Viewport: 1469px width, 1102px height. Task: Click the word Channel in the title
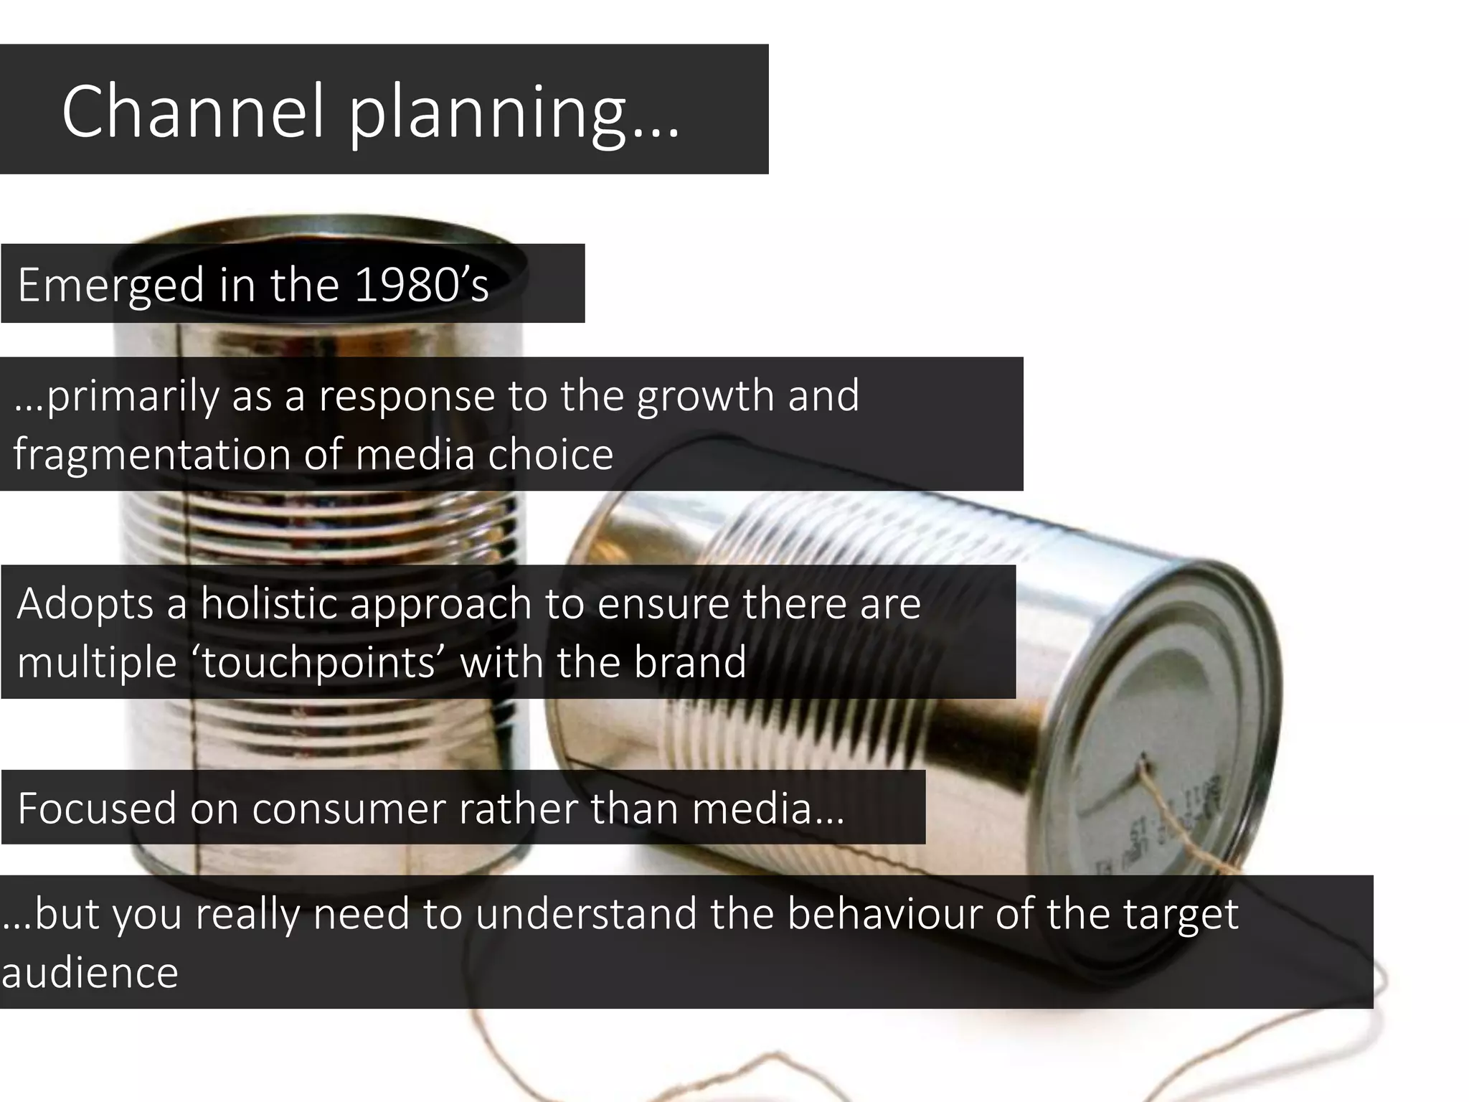(194, 111)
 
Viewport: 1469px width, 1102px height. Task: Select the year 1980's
(422, 285)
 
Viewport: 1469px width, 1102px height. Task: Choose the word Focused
(97, 808)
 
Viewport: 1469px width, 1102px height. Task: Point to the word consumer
(348, 809)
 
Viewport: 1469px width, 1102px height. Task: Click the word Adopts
(85, 604)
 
